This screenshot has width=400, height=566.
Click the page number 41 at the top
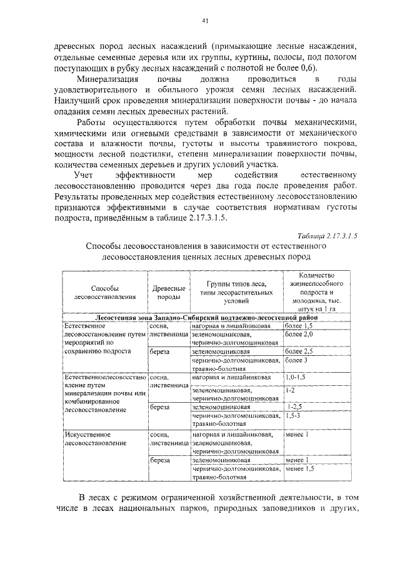(x=204, y=21)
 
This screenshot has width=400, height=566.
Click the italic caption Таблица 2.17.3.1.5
(x=327, y=236)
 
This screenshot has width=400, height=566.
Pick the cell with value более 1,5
(x=298, y=326)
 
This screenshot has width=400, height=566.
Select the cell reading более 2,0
(x=298, y=335)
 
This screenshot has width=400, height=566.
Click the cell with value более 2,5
(x=298, y=352)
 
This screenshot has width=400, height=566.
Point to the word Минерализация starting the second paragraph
(x=106, y=80)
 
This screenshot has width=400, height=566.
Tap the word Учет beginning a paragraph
(x=84, y=175)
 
